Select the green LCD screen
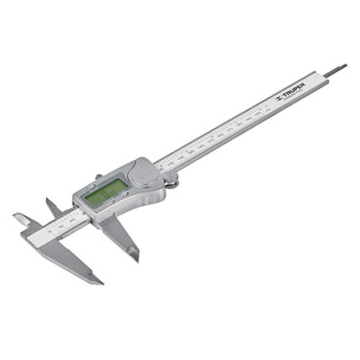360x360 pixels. coord(105,193)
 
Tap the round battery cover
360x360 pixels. coord(144,173)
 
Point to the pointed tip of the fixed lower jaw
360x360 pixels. coord(100,280)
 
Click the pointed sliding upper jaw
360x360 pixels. coord(52,204)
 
